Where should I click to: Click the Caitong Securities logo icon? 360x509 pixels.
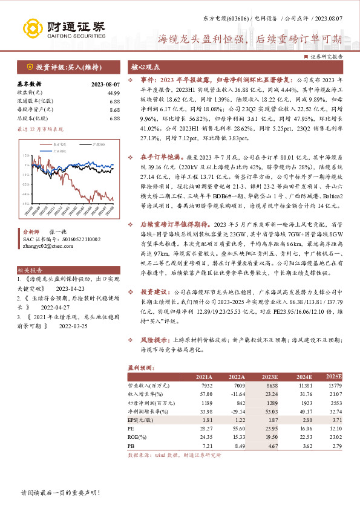(x=30, y=27)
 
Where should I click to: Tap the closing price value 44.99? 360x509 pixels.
(x=113, y=92)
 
